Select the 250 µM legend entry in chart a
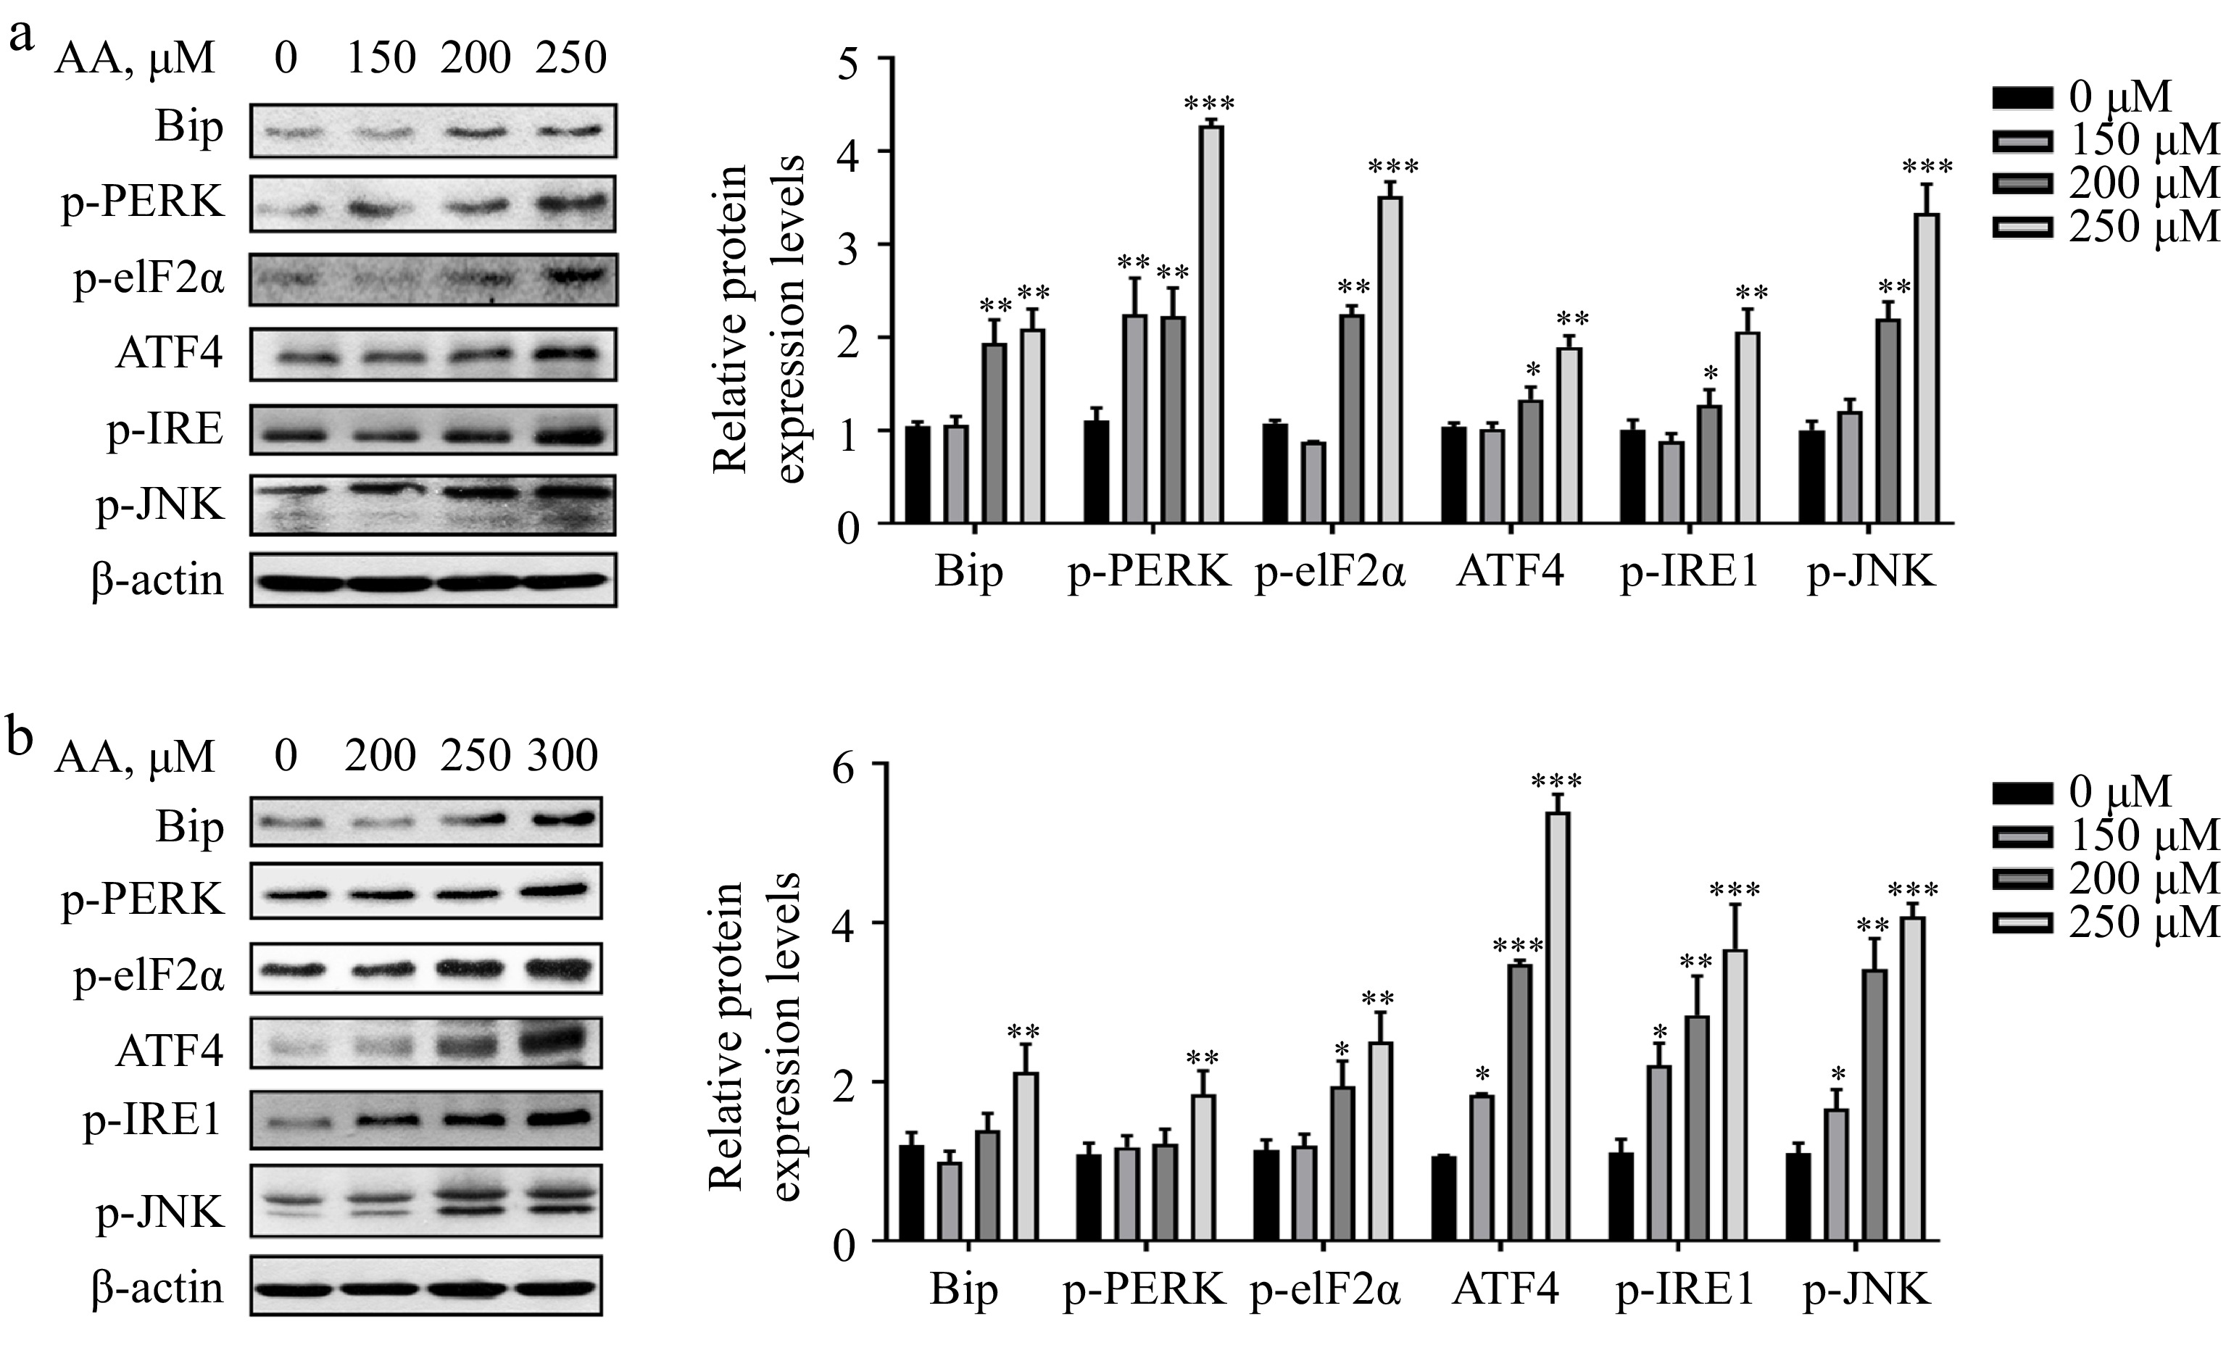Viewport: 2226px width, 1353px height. point(2105,226)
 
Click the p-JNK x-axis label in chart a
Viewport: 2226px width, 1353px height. point(1871,572)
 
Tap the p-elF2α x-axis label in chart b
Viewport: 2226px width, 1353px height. point(1325,1290)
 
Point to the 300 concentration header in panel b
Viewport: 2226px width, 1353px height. point(562,754)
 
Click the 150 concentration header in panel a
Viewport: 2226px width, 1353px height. point(381,58)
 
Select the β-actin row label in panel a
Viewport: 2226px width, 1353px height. point(157,579)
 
